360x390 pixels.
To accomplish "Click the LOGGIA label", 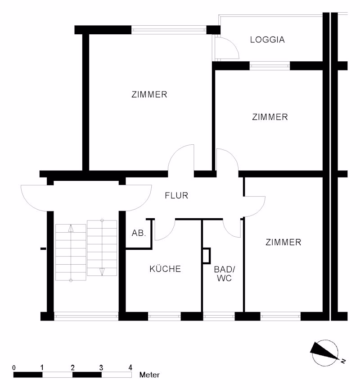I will (x=269, y=41).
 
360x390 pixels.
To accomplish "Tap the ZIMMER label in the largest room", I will (x=149, y=95).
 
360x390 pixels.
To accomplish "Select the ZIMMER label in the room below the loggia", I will (x=270, y=117).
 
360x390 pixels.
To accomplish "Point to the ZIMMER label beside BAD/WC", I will (x=284, y=242).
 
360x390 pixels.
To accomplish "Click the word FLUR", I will (x=177, y=196).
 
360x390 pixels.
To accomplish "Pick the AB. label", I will (x=138, y=233).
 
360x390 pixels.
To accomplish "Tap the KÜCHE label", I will (x=164, y=269).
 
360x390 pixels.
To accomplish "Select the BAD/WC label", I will (x=224, y=274).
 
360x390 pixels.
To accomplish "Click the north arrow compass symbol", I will (x=325, y=349).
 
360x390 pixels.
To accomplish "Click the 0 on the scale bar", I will (x=13, y=367).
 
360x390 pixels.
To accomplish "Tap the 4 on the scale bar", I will (x=130, y=367).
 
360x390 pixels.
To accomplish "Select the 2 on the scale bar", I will (x=72, y=367).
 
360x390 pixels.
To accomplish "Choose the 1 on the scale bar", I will (x=42, y=367).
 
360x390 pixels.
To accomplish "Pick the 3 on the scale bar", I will (x=101, y=367).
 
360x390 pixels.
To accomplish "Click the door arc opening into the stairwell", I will (x=32, y=197).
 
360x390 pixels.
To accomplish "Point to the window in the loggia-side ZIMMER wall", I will (x=262, y=66).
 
